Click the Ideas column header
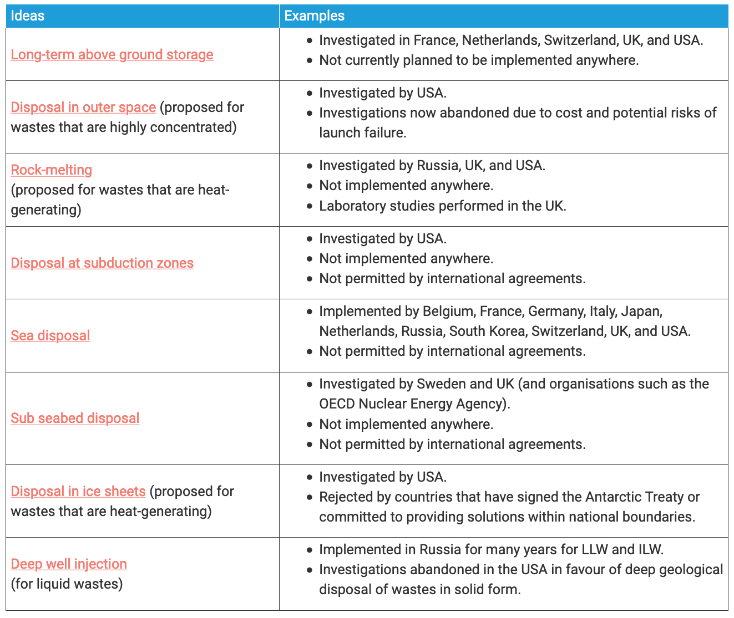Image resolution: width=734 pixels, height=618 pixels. click(28, 16)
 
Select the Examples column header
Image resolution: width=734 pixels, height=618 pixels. click(314, 16)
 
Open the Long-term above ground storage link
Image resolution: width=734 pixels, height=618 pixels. click(112, 54)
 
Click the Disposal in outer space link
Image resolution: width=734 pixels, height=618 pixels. click(83, 107)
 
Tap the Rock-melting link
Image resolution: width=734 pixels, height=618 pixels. click(52, 170)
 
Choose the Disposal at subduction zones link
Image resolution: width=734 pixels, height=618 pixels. click(102, 263)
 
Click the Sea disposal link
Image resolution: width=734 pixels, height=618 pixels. click(50, 335)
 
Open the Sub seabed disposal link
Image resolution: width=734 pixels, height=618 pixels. click(75, 418)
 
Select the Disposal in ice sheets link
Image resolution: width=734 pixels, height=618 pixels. click(78, 491)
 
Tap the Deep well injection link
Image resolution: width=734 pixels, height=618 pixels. click(69, 564)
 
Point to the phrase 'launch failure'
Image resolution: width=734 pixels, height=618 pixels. click(362, 132)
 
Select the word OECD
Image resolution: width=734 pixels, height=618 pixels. click(337, 404)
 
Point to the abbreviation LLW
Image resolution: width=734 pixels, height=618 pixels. click(596, 549)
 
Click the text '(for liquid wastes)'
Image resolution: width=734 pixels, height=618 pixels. click(67, 584)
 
